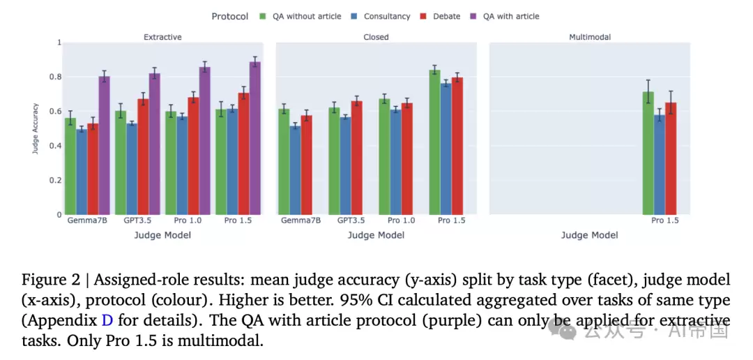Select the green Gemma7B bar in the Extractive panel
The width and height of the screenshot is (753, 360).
point(70,166)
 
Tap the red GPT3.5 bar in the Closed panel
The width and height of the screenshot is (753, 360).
point(357,158)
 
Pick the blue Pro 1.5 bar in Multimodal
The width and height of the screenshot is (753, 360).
point(660,165)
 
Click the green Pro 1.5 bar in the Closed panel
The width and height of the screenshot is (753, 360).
point(434,142)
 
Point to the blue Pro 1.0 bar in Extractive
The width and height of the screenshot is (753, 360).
point(183,165)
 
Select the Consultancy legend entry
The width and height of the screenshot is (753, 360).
point(381,16)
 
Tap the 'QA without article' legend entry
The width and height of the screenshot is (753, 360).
point(301,16)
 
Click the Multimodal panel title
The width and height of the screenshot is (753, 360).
point(590,37)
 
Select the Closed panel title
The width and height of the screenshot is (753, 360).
point(376,37)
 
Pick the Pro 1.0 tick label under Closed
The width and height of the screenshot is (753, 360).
point(402,220)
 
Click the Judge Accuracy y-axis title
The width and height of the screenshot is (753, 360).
point(35,129)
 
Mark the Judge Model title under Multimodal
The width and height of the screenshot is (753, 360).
point(590,236)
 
